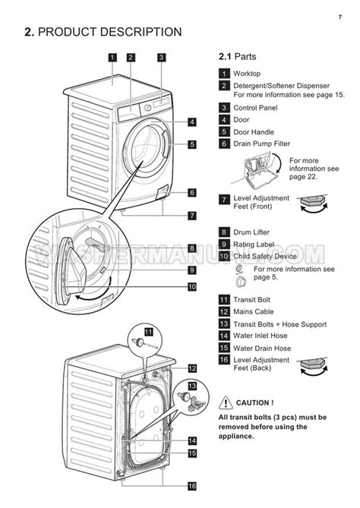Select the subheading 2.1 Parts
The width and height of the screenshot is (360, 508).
(x=237, y=57)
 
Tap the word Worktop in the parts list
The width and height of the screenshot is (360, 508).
(x=248, y=74)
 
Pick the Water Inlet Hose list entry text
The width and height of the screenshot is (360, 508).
(x=261, y=336)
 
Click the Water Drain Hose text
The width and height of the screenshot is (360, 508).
(x=262, y=348)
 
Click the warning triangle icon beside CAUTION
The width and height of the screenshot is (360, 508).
(x=225, y=402)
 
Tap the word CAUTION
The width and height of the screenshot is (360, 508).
(x=254, y=402)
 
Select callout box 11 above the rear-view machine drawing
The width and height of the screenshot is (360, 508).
(x=149, y=332)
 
